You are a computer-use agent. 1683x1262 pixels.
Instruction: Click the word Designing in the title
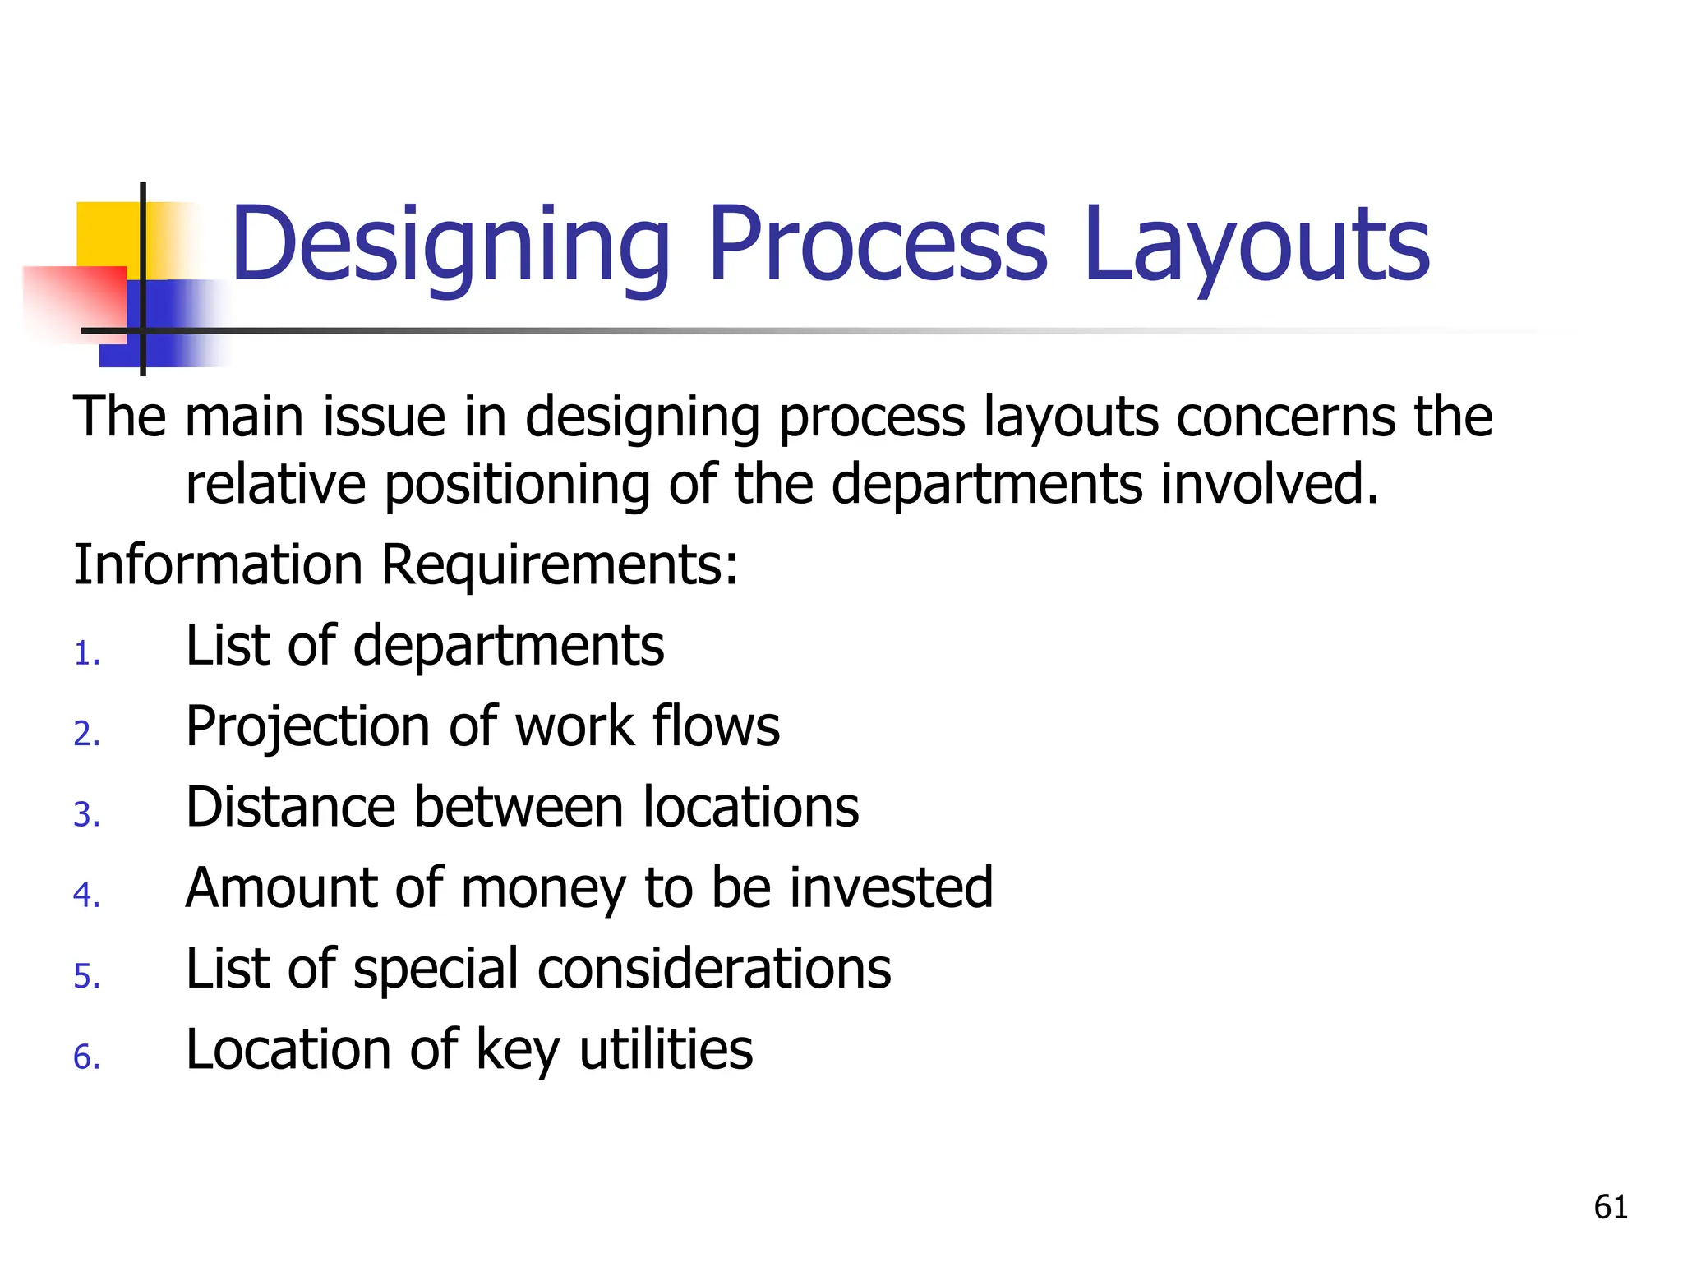450,246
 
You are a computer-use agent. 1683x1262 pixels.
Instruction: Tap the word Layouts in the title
1256,246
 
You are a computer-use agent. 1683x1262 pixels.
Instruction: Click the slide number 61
1610,1207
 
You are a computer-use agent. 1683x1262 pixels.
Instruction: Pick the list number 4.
86,896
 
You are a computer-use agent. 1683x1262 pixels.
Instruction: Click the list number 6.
86,1057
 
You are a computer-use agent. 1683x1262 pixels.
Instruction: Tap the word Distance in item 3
290,807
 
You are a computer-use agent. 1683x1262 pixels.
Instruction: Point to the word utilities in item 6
666,1049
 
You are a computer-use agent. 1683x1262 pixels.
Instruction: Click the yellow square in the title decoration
107,234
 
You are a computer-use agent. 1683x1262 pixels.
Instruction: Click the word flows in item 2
716,726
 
